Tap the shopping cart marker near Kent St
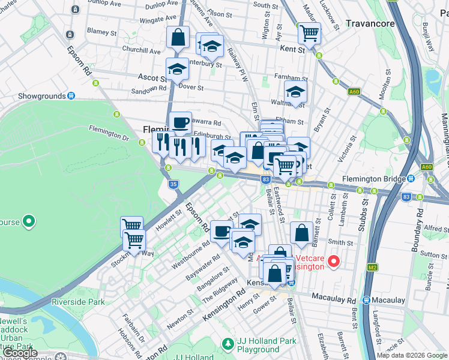(x=309, y=34)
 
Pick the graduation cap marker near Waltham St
(x=295, y=92)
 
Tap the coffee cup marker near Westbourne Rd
(x=221, y=232)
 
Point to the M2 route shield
(x=373, y=250)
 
